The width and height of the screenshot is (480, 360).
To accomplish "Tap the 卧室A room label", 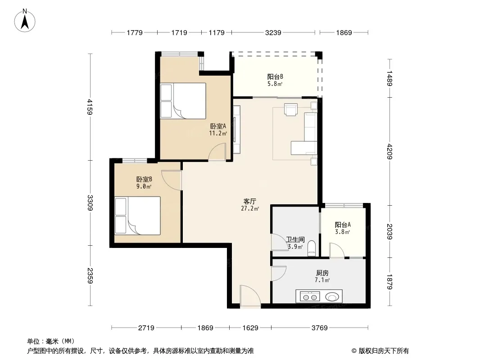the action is tap(218, 126).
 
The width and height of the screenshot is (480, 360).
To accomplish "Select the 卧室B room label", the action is tap(144, 179).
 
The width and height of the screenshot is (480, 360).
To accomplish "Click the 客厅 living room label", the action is tap(250, 201).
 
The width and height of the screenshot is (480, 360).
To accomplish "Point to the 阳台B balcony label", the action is tap(275, 76).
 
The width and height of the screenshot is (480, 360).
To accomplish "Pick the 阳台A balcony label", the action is tap(343, 225).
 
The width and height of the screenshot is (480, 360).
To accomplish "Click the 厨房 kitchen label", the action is tap(322, 273).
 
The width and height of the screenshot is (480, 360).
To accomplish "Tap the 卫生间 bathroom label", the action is tap(295, 239).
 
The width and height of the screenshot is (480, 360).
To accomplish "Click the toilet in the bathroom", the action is tap(312, 248).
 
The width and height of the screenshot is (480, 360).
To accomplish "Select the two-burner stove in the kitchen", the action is tap(310, 297).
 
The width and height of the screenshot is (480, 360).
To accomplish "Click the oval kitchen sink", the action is tap(332, 297).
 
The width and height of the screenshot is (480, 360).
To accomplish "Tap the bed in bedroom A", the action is tap(183, 101).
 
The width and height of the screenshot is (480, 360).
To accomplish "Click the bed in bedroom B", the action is tap(137, 216).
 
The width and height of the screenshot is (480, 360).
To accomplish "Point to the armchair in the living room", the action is tap(290, 109).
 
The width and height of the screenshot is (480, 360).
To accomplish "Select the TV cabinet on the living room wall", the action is tap(236, 130).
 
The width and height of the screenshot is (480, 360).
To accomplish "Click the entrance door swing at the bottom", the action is tap(250, 296).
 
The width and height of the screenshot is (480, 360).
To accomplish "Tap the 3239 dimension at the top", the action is tap(273, 32).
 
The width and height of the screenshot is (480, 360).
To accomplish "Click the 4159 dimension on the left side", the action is tap(90, 107).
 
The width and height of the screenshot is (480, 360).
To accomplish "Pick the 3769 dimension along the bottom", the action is tap(320, 328).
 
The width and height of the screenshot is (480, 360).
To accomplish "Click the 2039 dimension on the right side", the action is tap(389, 232).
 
